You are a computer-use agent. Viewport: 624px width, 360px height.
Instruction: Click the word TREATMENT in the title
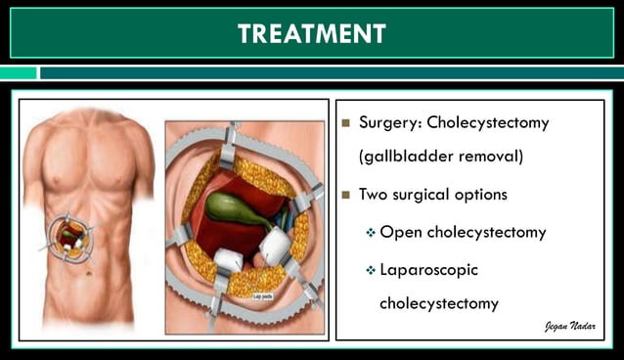[x=312, y=33]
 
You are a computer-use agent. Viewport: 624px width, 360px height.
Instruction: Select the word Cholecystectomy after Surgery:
[x=487, y=124]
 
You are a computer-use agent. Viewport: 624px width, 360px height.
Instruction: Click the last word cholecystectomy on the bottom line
[x=439, y=303]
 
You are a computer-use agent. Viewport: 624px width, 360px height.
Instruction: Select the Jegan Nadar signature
[x=569, y=327]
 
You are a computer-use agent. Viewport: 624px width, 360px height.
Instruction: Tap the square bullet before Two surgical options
[x=345, y=195]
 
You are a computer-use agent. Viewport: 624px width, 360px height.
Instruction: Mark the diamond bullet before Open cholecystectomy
[x=371, y=233]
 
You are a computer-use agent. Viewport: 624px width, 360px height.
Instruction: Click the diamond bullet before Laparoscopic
[x=371, y=269]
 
